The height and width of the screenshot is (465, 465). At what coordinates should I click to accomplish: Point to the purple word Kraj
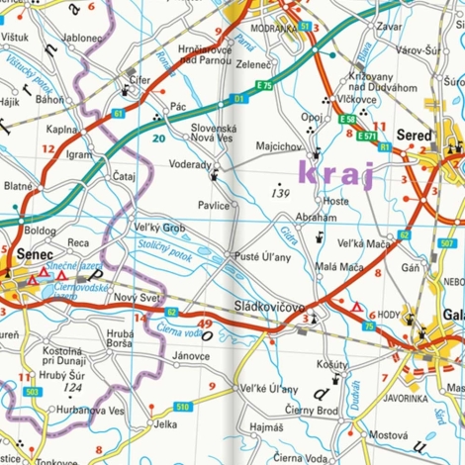click(336, 177)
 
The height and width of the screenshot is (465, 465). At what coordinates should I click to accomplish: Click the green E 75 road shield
click(264, 87)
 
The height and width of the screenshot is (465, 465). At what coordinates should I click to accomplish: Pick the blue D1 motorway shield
click(238, 99)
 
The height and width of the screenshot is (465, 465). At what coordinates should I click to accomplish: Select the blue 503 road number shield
click(32, 393)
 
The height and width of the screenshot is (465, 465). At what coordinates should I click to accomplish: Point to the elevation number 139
click(280, 193)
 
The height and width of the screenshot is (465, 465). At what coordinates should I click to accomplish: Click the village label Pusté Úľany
click(261, 257)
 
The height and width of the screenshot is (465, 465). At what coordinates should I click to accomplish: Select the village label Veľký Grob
click(158, 228)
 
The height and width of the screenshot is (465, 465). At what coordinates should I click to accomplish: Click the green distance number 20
click(158, 139)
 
